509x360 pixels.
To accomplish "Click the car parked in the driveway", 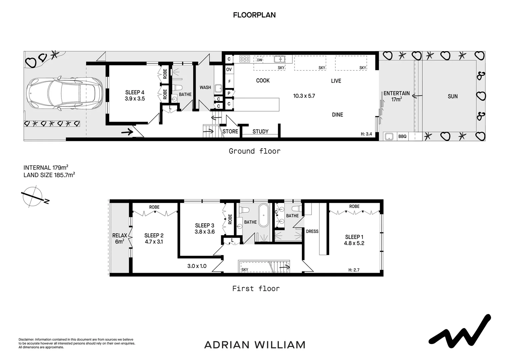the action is [x=65, y=93].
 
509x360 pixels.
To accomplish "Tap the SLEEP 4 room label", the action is [x=135, y=92].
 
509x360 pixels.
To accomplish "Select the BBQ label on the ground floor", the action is [x=402, y=136].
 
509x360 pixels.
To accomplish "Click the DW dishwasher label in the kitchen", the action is [x=259, y=60].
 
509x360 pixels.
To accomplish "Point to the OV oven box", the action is [x=229, y=69].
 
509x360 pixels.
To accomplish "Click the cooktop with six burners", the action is [x=245, y=59].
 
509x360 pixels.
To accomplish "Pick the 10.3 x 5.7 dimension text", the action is [x=304, y=96].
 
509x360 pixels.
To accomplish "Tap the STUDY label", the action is [x=260, y=131].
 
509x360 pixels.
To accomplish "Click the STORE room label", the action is [x=230, y=131].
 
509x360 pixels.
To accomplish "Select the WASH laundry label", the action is [x=205, y=87].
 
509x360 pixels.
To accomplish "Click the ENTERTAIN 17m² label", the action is [x=396, y=96].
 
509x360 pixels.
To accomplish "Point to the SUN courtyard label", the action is [x=453, y=96].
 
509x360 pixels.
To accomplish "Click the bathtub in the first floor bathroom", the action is [x=263, y=215].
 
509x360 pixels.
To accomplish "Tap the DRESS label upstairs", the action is [x=312, y=231].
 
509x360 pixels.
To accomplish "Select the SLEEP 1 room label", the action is [x=354, y=237].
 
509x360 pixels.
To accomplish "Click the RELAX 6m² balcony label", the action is [x=120, y=238].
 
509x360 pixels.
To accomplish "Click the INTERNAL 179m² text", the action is [x=46, y=168].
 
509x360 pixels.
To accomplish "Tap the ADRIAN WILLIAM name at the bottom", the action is [x=255, y=345].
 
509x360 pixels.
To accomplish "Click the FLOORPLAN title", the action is [x=254, y=15].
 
